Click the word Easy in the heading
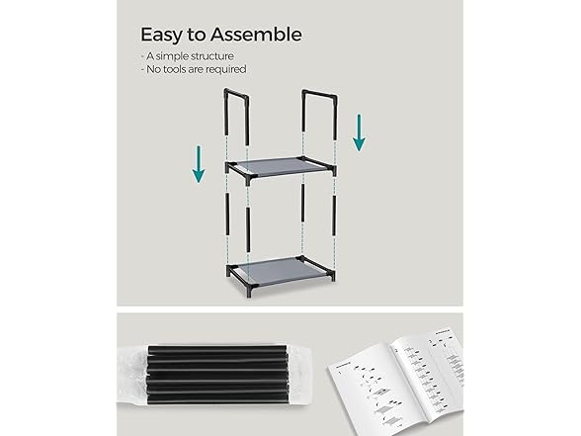tap(162, 35)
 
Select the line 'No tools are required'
tap(193, 69)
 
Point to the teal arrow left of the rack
tap(199, 163)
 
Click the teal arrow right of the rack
tap(359, 131)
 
